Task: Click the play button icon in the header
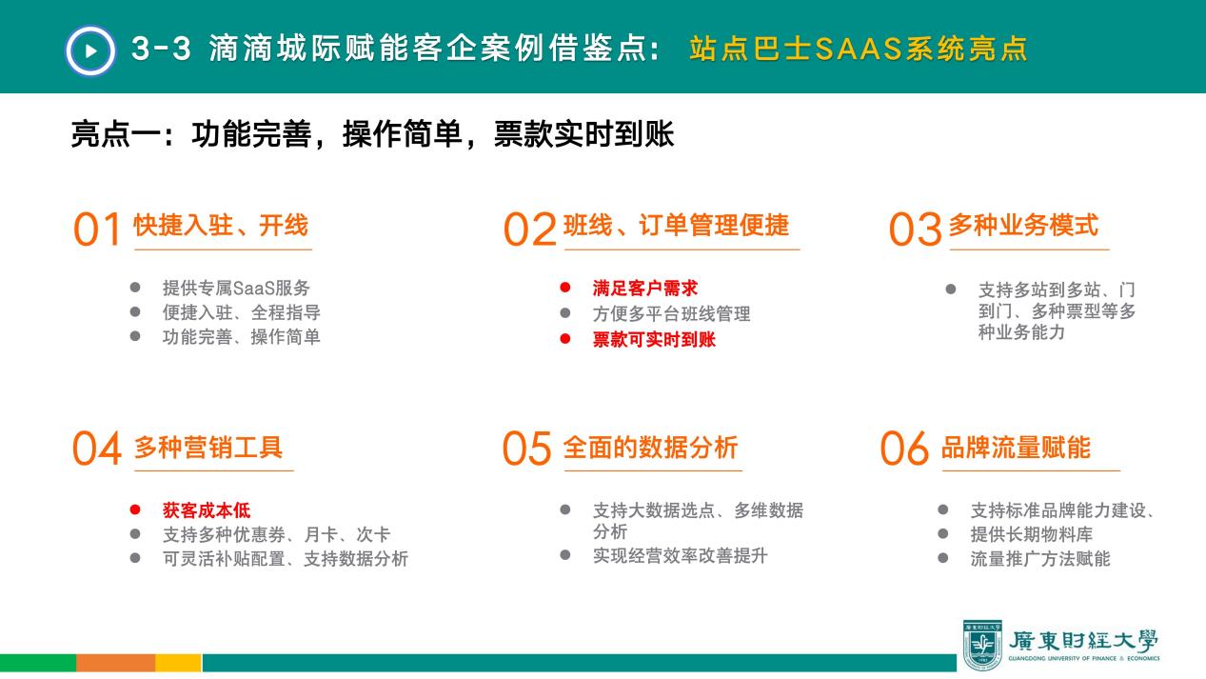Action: (x=90, y=50)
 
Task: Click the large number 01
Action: (x=97, y=229)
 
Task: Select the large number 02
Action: (x=530, y=229)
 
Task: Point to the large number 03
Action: (x=916, y=229)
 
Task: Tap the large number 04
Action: (x=97, y=448)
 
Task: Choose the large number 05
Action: (x=527, y=448)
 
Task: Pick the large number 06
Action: (x=904, y=448)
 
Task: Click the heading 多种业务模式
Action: (x=1023, y=225)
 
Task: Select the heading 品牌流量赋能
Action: (x=1016, y=448)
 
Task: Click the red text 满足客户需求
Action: (x=645, y=289)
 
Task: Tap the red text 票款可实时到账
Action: (x=654, y=339)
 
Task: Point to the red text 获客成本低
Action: (x=207, y=510)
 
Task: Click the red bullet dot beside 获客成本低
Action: (x=135, y=509)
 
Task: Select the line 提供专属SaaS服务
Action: (x=236, y=289)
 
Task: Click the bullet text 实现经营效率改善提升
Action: (x=680, y=556)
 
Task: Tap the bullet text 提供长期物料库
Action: (x=1032, y=534)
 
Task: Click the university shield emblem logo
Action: (x=982, y=645)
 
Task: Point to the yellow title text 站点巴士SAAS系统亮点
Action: (x=859, y=49)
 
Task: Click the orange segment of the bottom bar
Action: (x=116, y=663)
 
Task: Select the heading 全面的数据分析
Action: (x=650, y=448)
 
